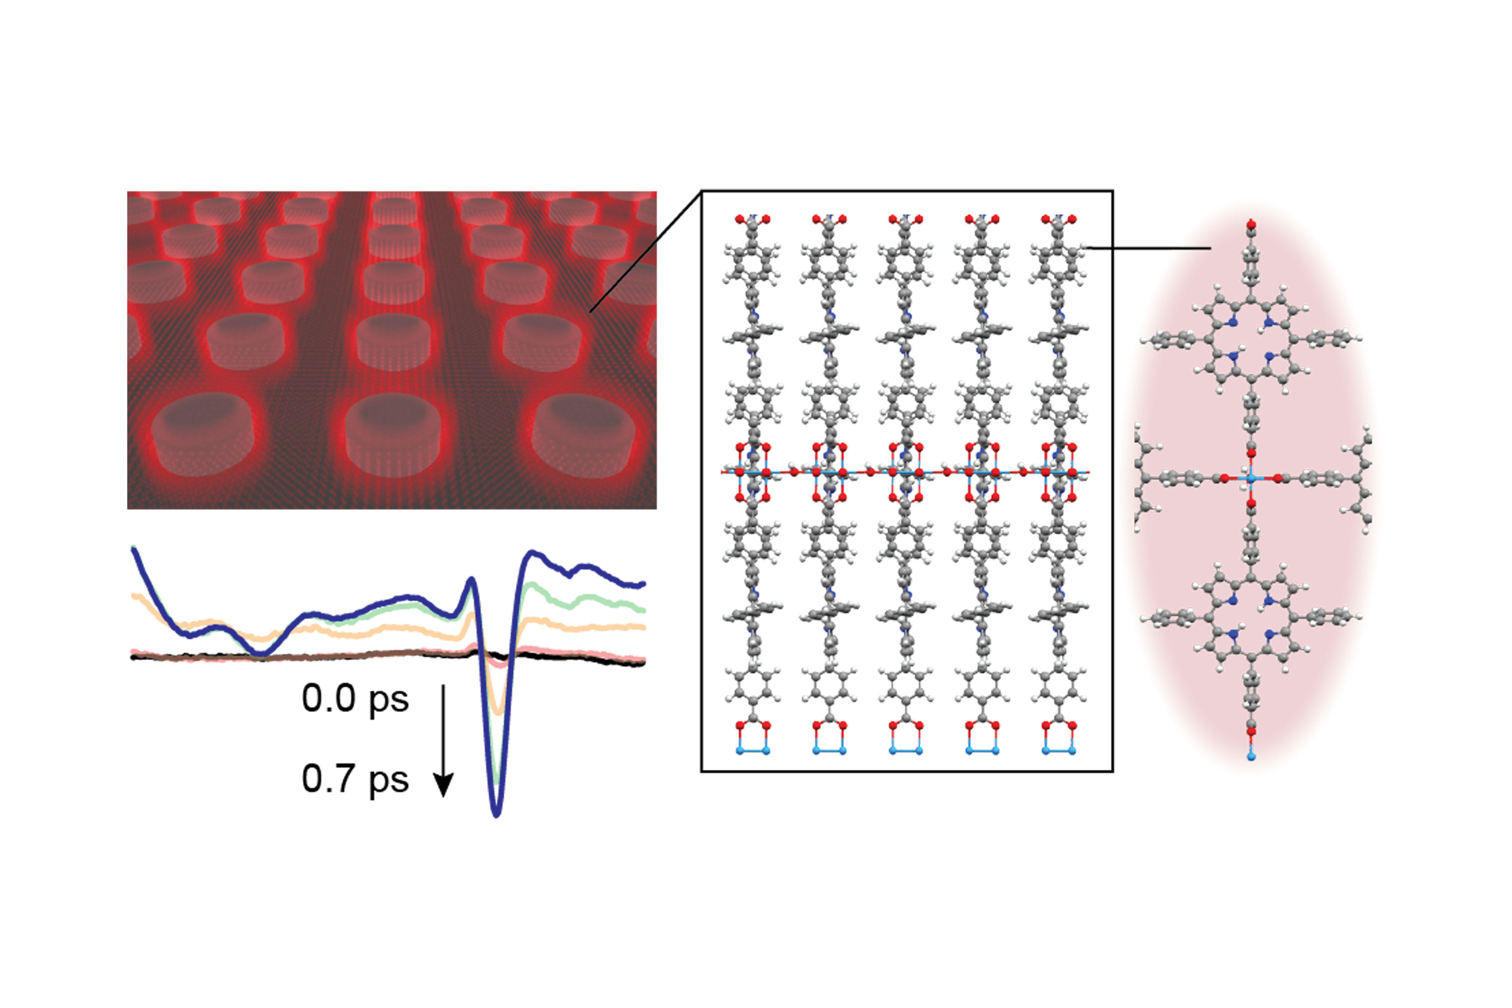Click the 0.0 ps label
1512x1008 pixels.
coord(355,699)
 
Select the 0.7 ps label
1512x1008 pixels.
coord(355,779)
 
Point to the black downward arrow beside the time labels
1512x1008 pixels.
coord(444,740)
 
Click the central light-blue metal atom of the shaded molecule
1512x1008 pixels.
coord(1251,478)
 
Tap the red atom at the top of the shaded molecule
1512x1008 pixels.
coord(1251,224)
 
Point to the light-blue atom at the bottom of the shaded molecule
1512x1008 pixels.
coord(1251,757)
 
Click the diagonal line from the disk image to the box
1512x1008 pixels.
coord(646,251)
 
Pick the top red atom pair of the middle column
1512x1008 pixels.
coord(905,219)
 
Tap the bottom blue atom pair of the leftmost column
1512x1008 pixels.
coord(752,750)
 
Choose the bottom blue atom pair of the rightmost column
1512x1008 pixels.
coord(1058,750)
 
